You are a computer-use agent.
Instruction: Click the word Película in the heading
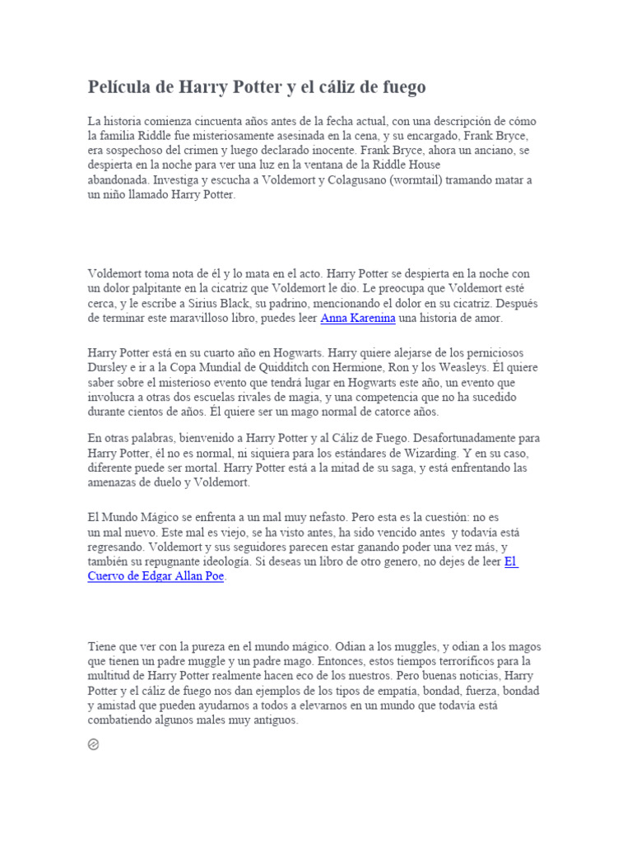(x=119, y=87)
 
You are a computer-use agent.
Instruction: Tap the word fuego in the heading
(x=401, y=87)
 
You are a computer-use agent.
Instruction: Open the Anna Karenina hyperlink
(x=358, y=318)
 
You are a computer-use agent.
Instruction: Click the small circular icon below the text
(x=94, y=745)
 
